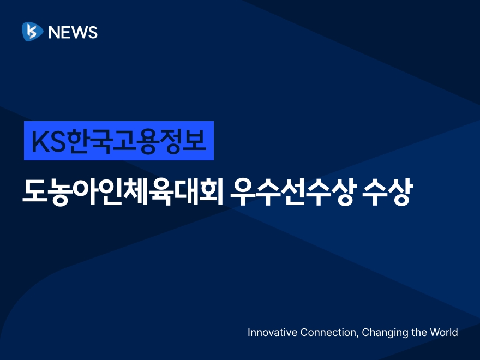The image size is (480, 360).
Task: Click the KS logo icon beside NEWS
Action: coord(32,32)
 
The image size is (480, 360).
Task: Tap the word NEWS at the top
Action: coord(73,32)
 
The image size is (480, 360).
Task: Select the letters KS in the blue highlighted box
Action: coord(49,141)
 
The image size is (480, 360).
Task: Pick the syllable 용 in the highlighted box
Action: coord(148,141)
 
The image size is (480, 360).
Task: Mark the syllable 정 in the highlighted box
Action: coord(172,141)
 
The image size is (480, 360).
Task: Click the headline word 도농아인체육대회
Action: coord(122,191)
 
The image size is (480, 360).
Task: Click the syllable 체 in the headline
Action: coord(135,191)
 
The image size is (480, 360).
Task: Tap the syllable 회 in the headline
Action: coord(210,191)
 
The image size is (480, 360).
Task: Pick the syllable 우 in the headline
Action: coord(243,192)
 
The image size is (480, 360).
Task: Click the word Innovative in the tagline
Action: coord(272,332)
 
